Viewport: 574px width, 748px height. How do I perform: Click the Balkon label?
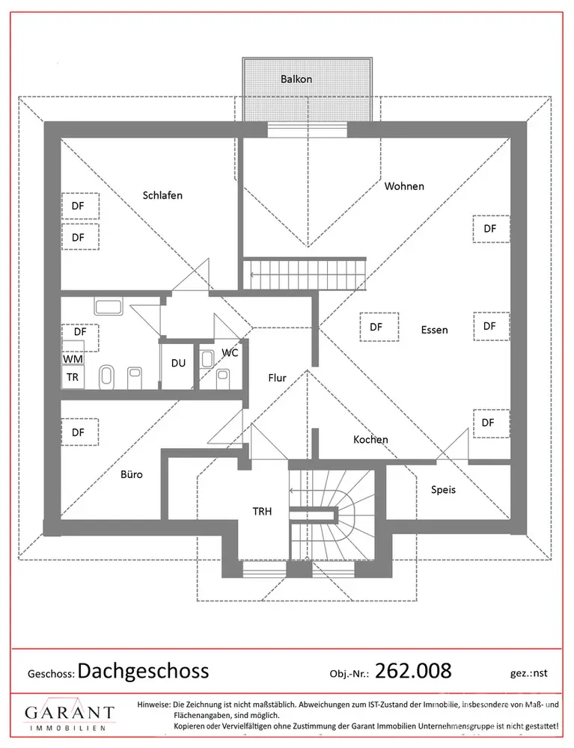click(x=296, y=79)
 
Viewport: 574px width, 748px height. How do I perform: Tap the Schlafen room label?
click(x=162, y=195)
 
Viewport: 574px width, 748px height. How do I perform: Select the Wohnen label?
click(x=404, y=186)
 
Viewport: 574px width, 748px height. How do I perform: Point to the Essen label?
click(x=434, y=330)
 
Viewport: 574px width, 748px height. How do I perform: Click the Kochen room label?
click(x=370, y=439)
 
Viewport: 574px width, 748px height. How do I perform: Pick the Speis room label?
click(x=443, y=490)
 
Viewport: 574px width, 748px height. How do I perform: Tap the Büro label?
click(x=131, y=474)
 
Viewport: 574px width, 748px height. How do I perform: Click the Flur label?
click(x=277, y=378)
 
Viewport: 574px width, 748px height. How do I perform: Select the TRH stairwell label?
click(x=262, y=512)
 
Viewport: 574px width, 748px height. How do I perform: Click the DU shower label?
click(x=178, y=363)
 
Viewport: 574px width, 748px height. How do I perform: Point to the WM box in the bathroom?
click(x=73, y=358)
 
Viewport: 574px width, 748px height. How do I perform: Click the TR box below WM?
click(x=73, y=377)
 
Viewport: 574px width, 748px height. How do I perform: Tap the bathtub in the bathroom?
click(x=109, y=306)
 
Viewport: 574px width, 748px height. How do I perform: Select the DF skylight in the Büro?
click(x=79, y=432)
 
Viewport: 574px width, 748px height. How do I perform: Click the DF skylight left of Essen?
click(x=379, y=327)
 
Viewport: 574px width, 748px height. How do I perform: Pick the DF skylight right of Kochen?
click(x=491, y=423)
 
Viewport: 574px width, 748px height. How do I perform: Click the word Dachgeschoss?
click(x=143, y=671)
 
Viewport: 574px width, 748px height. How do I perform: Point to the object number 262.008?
click(x=413, y=671)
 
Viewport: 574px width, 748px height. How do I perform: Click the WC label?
click(x=230, y=353)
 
